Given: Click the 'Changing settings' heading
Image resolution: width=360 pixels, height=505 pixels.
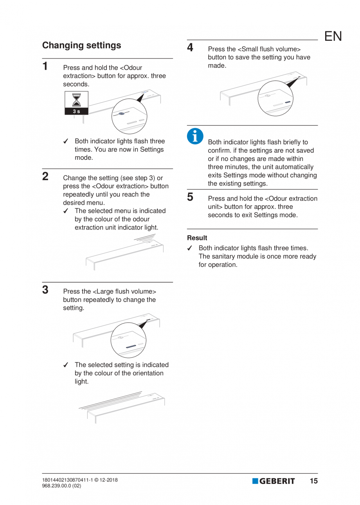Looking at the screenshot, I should point(81,45).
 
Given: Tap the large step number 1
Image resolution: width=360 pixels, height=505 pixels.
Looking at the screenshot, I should point(46,66).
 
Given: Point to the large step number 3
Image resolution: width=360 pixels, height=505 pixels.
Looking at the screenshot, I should point(45,290).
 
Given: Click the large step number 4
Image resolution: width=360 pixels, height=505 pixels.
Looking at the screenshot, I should point(190,48).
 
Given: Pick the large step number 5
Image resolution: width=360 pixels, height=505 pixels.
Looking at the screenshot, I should point(190,197).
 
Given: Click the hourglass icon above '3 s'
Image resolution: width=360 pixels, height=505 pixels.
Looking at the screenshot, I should point(77,99).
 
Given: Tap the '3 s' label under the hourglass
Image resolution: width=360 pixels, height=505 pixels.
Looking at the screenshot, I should point(77,111).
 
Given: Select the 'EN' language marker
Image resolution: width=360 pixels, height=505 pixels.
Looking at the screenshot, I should point(333,36).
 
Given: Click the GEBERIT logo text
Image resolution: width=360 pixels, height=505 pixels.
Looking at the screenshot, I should point(277,481).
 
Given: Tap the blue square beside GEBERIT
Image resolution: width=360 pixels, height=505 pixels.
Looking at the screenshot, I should point(255,481).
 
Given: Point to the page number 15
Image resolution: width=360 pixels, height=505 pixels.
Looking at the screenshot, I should point(313,481).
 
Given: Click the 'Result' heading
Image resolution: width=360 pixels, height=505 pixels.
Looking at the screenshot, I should point(197,238).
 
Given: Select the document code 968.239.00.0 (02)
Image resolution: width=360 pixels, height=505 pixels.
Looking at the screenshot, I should point(62,486).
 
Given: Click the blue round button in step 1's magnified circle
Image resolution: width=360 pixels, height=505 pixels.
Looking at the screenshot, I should point(121,114).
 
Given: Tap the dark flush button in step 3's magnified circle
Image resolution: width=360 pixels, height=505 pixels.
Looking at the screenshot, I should point(130,346).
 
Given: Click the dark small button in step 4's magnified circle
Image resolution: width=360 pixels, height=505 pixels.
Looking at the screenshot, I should point(288,103).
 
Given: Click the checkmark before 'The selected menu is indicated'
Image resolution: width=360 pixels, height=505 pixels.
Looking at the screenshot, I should point(66,211).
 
